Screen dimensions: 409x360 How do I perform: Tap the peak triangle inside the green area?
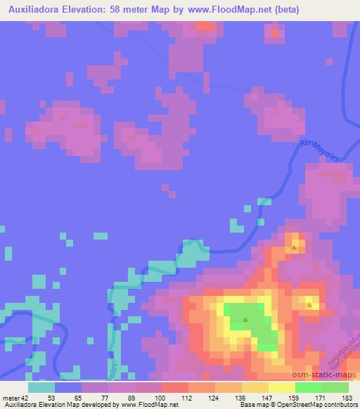point(245,320)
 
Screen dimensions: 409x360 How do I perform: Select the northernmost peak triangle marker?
point(294,247)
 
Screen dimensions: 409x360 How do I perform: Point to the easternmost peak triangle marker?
point(309,305)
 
